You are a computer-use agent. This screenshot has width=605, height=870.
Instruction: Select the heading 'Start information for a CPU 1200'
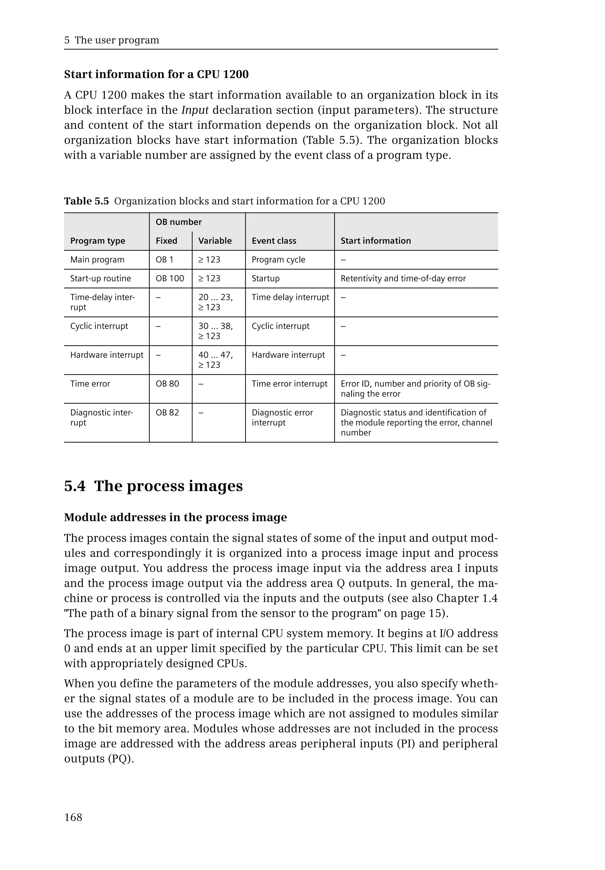(156, 74)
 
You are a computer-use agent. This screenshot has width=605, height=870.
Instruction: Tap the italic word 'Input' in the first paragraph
(195, 110)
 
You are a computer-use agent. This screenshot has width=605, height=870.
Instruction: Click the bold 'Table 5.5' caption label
(87, 201)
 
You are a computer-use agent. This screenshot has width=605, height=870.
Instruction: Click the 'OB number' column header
(178, 222)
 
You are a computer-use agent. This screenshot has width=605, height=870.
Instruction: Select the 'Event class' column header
(274, 241)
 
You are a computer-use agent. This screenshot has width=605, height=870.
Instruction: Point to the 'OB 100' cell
(170, 279)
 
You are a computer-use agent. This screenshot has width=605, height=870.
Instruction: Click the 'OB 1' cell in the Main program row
(164, 260)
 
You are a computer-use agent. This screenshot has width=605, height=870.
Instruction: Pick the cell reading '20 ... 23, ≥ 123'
(215, 302)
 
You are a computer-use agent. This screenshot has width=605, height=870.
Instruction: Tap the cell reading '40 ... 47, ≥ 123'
(215, 360)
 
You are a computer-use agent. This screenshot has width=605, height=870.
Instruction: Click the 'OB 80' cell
(167, 384)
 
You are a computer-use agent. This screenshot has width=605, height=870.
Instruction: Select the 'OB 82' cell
(167, 413)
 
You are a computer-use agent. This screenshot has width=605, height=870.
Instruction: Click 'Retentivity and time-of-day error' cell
(403, 279)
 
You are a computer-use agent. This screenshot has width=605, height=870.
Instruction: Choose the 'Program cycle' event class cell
(278, 260)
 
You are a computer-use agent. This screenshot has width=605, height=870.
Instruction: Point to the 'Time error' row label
(90, 384)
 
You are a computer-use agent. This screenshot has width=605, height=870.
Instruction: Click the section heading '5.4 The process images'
(153, 486)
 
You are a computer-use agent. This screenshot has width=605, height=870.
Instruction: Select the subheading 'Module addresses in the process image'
(175, 517)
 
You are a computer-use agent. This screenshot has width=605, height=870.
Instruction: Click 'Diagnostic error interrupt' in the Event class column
(282, 417)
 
